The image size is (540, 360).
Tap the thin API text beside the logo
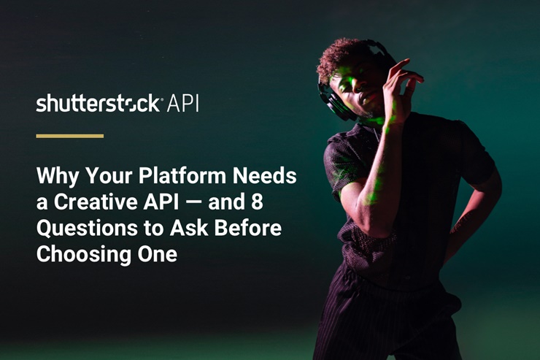pos(182,103)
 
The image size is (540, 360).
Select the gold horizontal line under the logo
pos(70,136)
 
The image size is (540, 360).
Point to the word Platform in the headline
pos(182,176)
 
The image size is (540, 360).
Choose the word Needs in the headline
pos(265,176)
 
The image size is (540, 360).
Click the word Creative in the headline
pos(96,202)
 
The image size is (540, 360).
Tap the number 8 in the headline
pos(257,202)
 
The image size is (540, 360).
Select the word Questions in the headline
pos(87,229)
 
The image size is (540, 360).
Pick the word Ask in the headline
pos(189,228)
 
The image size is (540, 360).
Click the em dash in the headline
pos(193,202)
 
